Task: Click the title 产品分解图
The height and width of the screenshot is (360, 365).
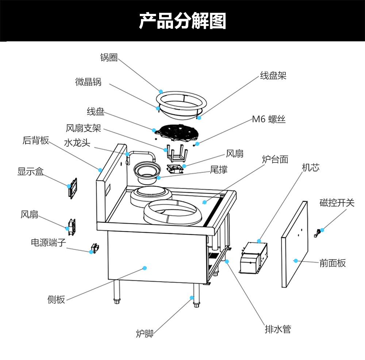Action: click(182, 21)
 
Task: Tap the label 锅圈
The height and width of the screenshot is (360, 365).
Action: click(109, 57)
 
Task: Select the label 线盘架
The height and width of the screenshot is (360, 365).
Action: click(273, 76)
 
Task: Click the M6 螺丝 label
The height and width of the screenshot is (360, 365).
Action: click(269, 119)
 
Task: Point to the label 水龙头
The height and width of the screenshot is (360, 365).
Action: click(77, 143)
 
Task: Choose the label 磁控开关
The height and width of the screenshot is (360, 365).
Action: click(337, 202)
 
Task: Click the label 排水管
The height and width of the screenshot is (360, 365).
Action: click(278, 329)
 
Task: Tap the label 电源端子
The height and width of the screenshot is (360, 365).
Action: click(49, 242)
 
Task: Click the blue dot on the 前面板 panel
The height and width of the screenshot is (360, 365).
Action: click(296, 261)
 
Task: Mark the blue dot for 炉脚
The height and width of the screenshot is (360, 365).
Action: click(192, 298)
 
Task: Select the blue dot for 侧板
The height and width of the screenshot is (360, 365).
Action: click(145, 268)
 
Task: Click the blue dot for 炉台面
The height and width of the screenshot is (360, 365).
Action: click(204, 202)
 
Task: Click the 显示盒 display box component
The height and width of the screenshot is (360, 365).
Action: click(73, 188)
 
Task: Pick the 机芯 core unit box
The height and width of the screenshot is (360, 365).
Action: click(254, 258)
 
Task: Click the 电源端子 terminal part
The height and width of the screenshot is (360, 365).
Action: click(95, 248)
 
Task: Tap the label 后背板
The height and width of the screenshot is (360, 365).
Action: click(36, 140)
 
